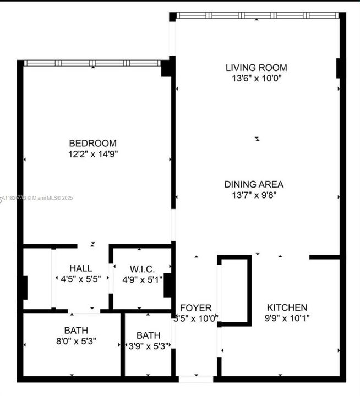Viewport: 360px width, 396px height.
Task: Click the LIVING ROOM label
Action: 257,68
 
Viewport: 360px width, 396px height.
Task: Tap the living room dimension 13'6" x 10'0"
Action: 257,78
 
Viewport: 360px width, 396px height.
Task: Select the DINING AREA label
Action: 254,184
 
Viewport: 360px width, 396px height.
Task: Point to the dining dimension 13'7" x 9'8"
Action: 254,195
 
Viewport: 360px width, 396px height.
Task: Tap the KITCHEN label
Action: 287,307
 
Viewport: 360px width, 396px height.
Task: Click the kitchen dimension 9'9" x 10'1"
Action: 287,318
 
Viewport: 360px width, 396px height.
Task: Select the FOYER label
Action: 195,307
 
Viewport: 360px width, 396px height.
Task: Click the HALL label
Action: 81,268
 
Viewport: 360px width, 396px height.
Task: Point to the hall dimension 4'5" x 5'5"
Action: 81,279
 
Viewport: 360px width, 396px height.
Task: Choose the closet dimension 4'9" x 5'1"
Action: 142,279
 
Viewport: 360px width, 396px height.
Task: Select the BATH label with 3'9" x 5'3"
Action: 149,335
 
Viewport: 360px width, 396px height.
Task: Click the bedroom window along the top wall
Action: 92,63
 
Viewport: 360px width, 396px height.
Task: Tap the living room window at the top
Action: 257,15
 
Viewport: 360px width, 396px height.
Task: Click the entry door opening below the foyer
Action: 195,379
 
